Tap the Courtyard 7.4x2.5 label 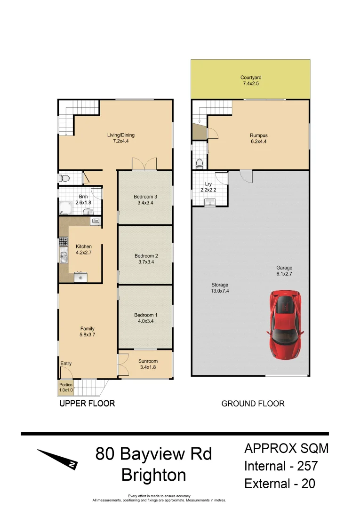pos(250,80)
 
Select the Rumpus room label pos(258,138)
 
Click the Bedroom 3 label pos(145,199)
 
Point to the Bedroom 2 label pos(146,259)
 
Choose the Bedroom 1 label pos(146,318)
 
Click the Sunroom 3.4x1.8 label pos(148,364)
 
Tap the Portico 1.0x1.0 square pos(65,387)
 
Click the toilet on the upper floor pos(64,178)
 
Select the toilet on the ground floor pos(199,163)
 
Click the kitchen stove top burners pos(63,242)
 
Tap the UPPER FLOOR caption pos(87,404)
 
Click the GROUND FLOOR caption pos(253,404)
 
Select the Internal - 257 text pos(281,466)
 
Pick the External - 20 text pos(280,484)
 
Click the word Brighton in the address pos(153,475)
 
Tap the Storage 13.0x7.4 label pos(220,288)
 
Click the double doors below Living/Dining pos(144,164)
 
